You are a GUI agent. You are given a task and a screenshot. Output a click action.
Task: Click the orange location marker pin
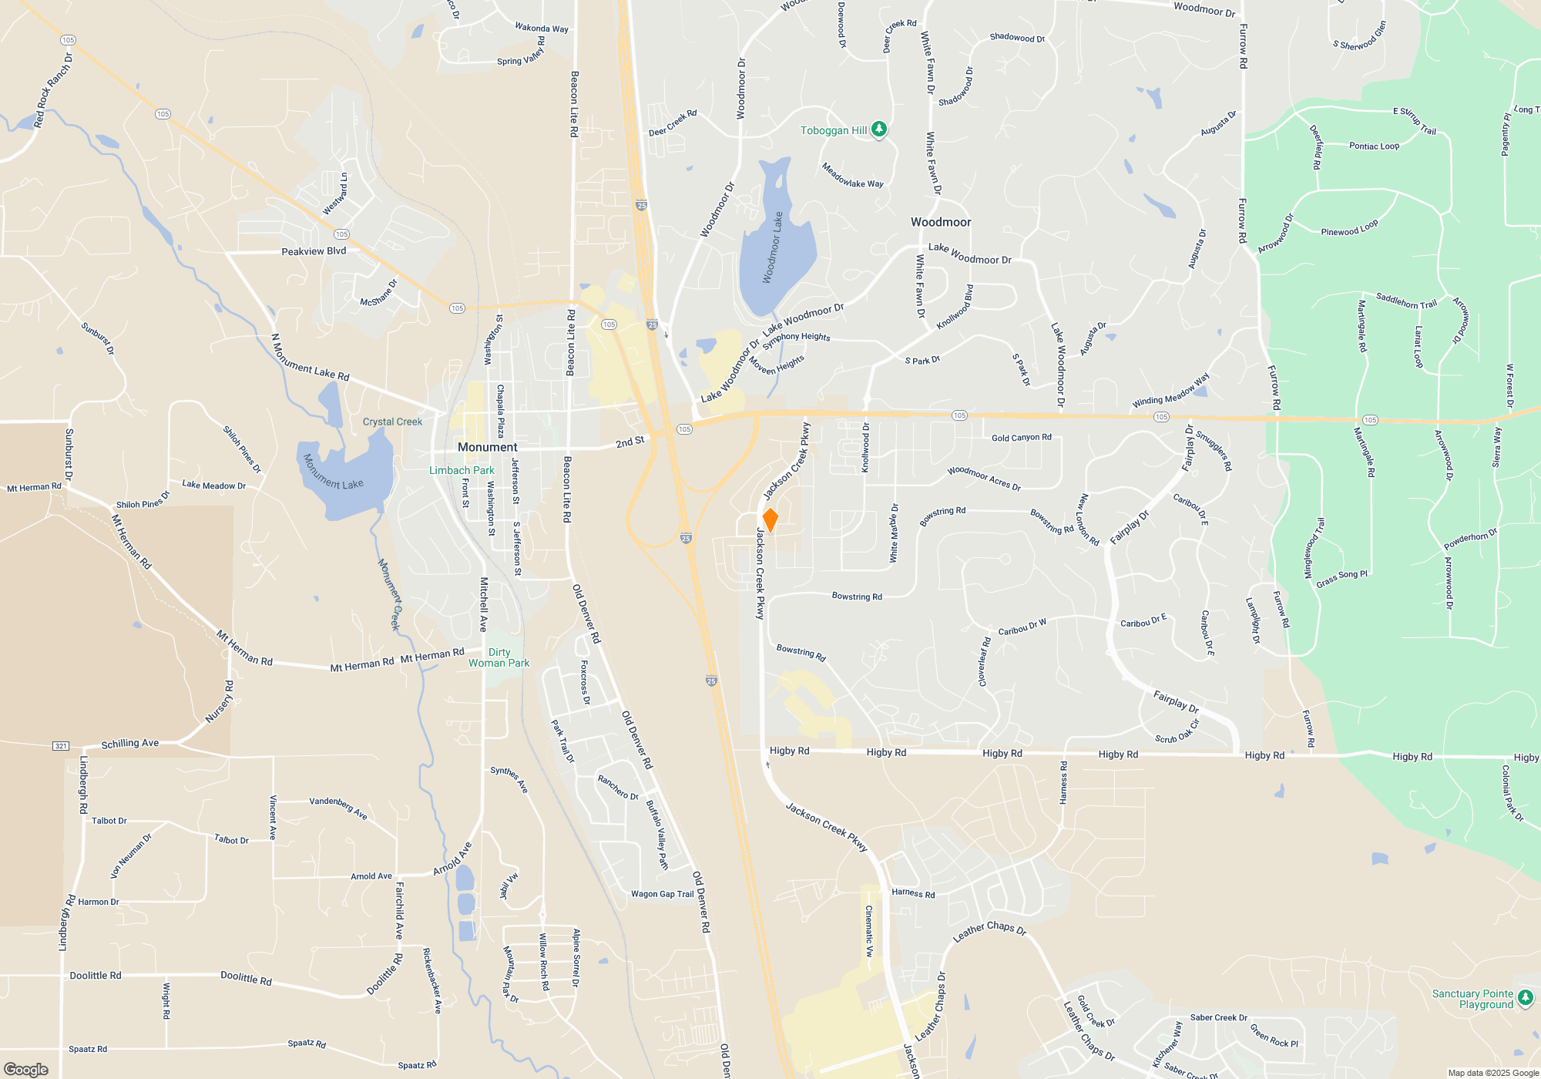pos(770,520)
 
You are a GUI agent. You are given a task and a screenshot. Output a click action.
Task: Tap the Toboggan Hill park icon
pos(879,130)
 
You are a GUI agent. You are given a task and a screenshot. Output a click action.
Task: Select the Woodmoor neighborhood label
pos(941,222)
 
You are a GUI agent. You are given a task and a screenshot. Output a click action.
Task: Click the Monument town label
pos(487,447)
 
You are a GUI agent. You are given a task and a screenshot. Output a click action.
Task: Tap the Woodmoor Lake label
pos(773,247)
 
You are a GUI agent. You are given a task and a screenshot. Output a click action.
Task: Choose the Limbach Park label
pos(462,470)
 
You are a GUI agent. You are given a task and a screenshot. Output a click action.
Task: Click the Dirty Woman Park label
pos(499,657)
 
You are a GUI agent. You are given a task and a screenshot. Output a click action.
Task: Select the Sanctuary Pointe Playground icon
pos(1525,999)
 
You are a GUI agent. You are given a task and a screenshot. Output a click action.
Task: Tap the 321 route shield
pos(61,745)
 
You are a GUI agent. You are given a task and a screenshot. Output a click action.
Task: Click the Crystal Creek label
pos(392,422)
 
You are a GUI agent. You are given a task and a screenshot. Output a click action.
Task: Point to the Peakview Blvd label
pos(314,251)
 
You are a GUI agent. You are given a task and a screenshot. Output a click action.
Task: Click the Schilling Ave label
pos(130,744)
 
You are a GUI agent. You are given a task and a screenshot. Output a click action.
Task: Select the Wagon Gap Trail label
pos(662,894)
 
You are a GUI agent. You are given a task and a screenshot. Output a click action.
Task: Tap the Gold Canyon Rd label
pos(1021,438)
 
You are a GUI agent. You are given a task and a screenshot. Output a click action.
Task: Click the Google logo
pos(26,1069)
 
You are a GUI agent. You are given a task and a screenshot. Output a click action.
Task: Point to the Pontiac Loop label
pos(1374,146)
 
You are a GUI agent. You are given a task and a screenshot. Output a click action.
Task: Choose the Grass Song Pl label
pos(1341,579)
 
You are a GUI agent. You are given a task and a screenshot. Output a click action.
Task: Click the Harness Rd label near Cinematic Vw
pos(913,893)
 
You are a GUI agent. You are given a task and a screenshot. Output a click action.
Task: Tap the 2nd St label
pos(629,442)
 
